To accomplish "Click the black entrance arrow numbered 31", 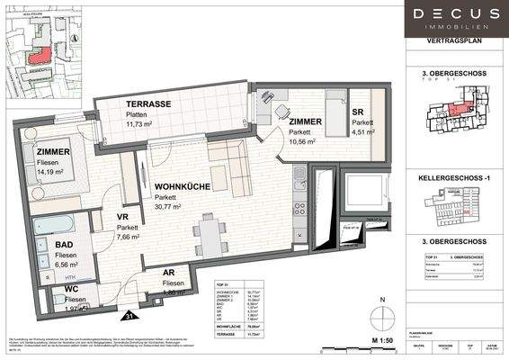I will point(130,315).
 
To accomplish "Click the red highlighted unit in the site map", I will point(39,53).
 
